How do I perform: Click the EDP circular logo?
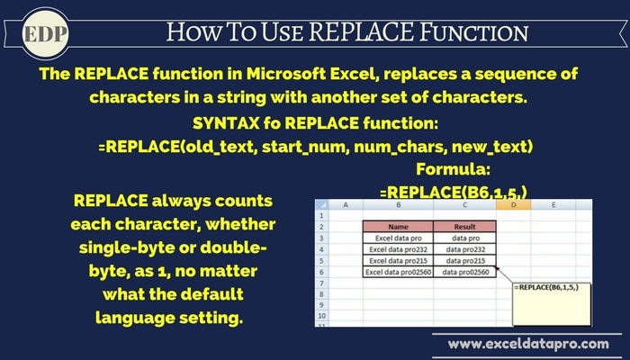(45, 34)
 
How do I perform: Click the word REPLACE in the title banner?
(361, 32)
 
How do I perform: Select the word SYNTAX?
(226, 123)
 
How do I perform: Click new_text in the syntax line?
(492, 147)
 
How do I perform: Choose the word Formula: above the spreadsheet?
(453, 169)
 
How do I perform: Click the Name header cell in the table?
(398, 227)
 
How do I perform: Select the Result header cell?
(465, 227)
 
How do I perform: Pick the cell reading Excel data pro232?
(398, 249)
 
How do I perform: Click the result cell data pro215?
(465, 261)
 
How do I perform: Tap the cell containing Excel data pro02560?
(398, 272)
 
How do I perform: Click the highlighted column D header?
(513, 205)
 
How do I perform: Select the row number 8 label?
(321, 294)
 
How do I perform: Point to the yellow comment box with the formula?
(551, 304)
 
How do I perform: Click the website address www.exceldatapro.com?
(528, 345)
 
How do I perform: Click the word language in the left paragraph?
(135, 319)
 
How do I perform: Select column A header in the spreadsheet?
(346, 205)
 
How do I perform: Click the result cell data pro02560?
(465, 272)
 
